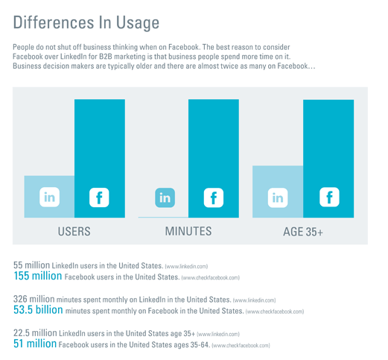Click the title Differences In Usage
click(86, 22)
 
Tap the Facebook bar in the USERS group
click(100, 149)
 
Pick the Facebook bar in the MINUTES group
click(214, 149)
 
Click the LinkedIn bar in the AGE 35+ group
click(278, 179)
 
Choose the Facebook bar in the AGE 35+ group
click(328, 149)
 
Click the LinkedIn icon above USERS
click(49, 198)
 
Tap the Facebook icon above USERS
click(99, 198)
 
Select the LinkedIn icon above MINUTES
click(165, 198)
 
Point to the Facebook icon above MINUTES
click(214, 198)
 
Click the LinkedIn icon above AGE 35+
click(278, 198)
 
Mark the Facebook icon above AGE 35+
click(328, 198)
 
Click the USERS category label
click(74, 232)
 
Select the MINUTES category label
click(188, 232)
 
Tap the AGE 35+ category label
click(303, 232)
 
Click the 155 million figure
click(37, 276)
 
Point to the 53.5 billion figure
click(38, 310)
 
